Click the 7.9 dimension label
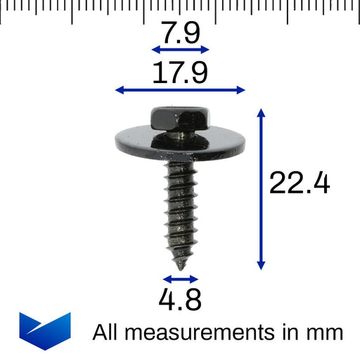pos(181,32)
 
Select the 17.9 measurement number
pos(180,72)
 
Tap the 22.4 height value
pos(300,183)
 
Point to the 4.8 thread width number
pos(180,300)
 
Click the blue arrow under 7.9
pos(181,49)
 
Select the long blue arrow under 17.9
pos(180,90)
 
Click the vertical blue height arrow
pos(261,189)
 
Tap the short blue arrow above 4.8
pos(181,279)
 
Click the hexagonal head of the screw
pos(180,117)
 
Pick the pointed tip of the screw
pos(181,269)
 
